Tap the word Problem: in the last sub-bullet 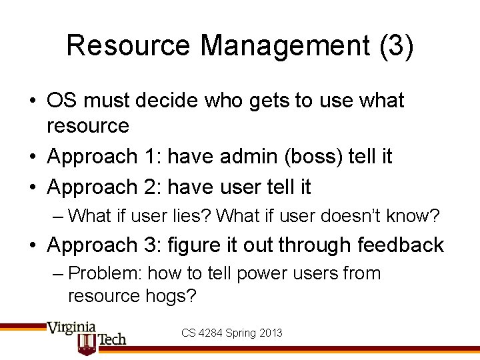(x=105, y=273)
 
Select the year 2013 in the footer (x=269, y=332)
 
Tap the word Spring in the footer (x=241, y=332)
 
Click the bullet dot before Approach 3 (x=33, y=246)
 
